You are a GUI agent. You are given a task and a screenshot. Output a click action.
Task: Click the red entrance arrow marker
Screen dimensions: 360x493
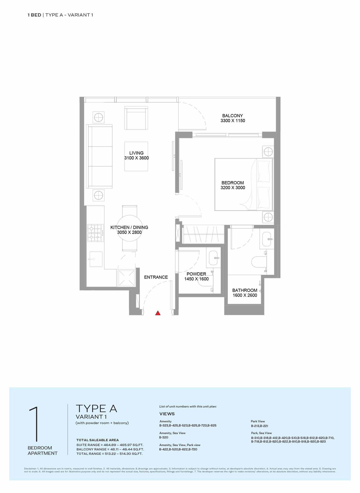[x=158, y=313]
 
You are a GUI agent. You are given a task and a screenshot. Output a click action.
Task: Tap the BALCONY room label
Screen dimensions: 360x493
[x=232, y=116]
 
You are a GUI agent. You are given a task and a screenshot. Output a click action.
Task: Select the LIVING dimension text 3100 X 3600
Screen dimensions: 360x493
[x=137, y=158]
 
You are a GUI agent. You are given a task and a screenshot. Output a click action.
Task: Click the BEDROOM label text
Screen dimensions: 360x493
[x=233, y=183]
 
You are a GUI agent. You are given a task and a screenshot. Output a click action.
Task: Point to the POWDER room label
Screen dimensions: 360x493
[x=196, y=274]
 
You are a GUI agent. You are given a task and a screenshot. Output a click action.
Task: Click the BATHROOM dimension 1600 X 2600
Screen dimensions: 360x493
[x=245, y=295]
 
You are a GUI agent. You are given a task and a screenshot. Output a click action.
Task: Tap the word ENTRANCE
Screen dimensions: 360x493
[x=156, y=277]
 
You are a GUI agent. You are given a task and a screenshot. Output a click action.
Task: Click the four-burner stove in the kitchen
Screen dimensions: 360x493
[x=95, y=233]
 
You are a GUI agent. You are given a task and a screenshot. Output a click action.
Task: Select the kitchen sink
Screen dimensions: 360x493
[x=96, y=259]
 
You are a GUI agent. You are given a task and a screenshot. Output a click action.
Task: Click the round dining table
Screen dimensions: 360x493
[x=130, y=228]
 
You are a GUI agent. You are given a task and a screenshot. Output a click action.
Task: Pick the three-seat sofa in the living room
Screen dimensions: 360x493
[x=99, y=156]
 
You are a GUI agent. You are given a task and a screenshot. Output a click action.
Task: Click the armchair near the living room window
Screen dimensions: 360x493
[x=136, y=118]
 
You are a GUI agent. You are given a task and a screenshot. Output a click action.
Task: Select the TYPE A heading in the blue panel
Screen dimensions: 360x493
[x=96, y=408]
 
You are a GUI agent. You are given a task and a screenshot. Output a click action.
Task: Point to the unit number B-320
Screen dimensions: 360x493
[x=164, y=437]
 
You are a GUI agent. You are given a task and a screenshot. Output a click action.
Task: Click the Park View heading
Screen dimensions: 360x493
[x=258, y=421]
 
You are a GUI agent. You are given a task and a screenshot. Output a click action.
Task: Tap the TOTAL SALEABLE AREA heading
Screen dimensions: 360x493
[x=98, y=440]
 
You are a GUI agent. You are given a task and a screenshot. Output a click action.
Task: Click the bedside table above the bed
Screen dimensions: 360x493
[x=268, y=152]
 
